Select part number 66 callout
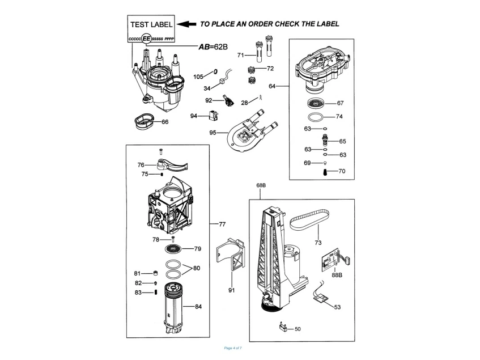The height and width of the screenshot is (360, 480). [165, 122]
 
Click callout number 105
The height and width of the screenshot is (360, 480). [198, 76]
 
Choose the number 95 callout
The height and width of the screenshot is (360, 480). [213, 133]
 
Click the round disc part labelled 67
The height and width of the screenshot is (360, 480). [317, 104]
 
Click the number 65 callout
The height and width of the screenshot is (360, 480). [343, 141]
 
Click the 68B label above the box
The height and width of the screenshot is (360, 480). [261, 186]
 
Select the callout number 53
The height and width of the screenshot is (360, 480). [338, 307]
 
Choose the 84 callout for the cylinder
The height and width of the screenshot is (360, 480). [198, 307]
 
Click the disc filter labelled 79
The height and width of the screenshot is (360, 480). [175, 249]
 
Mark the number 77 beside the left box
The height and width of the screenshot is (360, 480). [222, 225]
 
